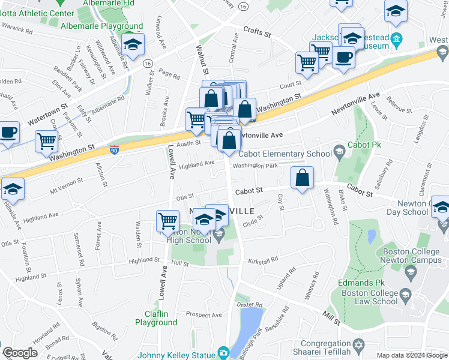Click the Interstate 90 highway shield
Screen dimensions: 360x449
pyautogui.click(x=115, y=148)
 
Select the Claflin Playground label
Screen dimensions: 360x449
pyautogui.click(x=156, y=318)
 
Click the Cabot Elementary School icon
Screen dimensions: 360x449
pyautogui.click(x=339, y=149)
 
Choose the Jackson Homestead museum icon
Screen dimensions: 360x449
pyautogui.click(x=396, y=41)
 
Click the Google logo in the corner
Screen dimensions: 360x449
pyautogui.click(x=20, y=353)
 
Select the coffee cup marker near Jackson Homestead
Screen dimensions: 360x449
pyautogui.click(x=343, y=57)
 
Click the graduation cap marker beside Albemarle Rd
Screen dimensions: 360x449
pyautogui.click(x=133, y=43)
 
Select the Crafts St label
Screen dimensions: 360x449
pyautogui.click(x=257, y=31)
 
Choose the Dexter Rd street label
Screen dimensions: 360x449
pyautogui.click(x=250, y=305)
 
